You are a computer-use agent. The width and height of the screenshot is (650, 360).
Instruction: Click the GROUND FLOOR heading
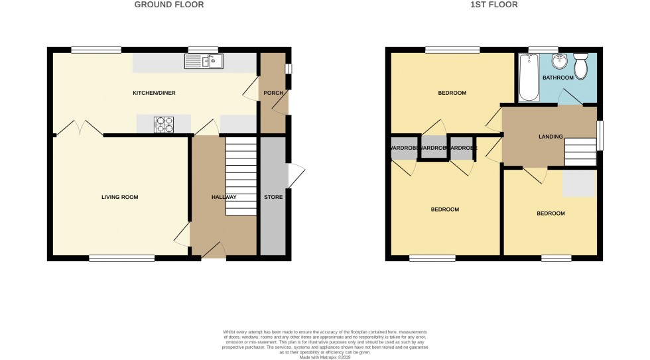click(169, 5)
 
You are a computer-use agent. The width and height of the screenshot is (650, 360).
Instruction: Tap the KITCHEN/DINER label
click(154, 93)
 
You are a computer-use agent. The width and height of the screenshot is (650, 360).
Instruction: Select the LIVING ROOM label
click(119, 197)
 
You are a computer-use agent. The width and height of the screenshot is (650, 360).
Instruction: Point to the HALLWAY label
click(224, 197)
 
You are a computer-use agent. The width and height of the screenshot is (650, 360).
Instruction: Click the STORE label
click(273, 197)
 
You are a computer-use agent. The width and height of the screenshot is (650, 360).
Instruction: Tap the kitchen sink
click(205, 62)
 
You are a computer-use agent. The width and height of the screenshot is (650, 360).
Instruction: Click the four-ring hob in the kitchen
click(164, 124)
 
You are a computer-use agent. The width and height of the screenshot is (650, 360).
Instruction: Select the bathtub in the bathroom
click(528, 78)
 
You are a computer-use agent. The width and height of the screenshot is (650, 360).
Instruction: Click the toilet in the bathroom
click(582, 66)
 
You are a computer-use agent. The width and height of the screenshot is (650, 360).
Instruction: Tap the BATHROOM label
click(558, 78)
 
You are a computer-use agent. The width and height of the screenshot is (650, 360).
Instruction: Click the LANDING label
click(551, 137)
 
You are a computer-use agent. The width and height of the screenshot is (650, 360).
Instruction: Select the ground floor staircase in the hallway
click(241, 176)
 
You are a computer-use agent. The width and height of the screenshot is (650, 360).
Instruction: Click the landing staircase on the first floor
click(580, 152)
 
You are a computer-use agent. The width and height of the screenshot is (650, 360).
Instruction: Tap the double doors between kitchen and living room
click(79, 127)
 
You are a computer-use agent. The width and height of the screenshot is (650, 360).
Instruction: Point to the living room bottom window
click(122, 258)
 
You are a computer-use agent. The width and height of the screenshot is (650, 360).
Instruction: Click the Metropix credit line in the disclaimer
click(324, 357)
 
